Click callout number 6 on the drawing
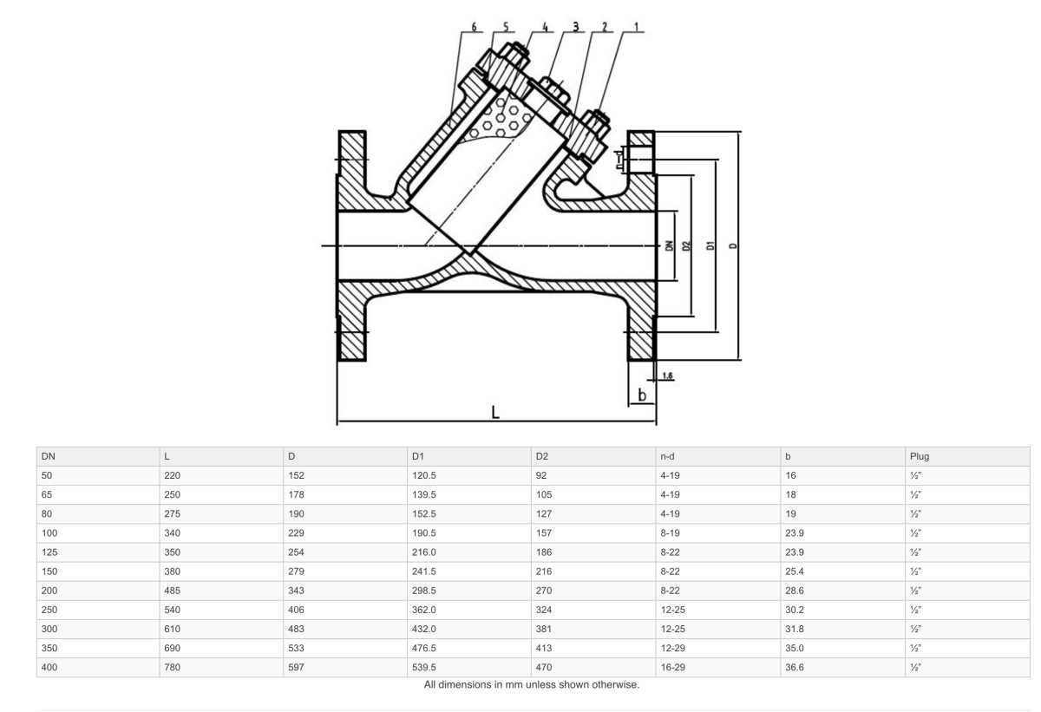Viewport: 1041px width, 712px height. click(474, 26)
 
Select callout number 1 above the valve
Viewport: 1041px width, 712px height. click(636, 26)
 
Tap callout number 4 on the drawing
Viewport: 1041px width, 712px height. click(545, 26)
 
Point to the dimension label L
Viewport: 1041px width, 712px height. click(494, 411)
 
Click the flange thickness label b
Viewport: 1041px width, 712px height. click(641, 395)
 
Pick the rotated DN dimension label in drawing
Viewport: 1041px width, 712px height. click(669, 245)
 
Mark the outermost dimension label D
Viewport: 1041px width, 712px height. click(733, 245)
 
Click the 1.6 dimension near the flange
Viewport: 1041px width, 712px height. click(667, 376)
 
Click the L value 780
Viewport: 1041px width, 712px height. click(173, 666)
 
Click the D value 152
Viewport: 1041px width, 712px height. click(297, 475)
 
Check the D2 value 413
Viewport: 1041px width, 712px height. click(545, 647)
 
